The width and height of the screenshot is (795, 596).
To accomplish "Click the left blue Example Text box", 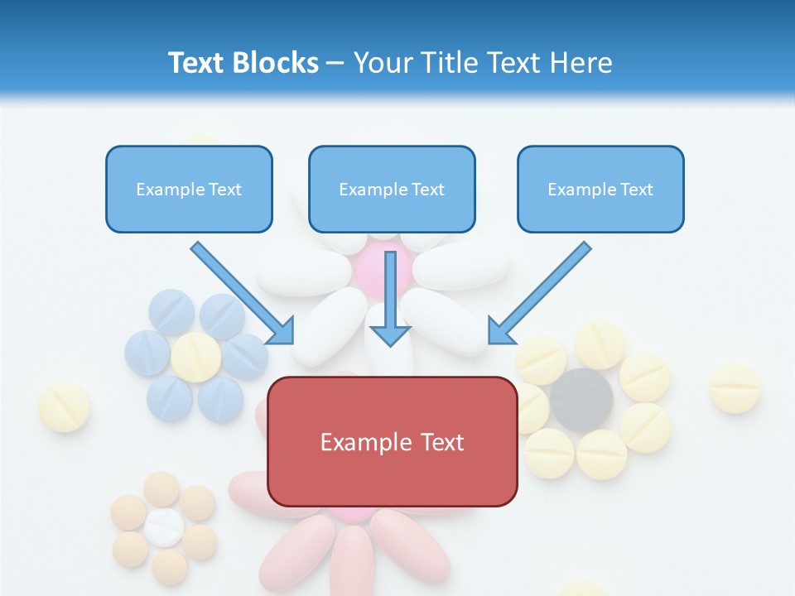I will [189, 189].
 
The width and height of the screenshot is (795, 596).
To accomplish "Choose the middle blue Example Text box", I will [392, 189].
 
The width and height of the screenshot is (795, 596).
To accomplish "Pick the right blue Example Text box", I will [600, 189].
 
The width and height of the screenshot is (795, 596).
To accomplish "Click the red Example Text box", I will [392, 441].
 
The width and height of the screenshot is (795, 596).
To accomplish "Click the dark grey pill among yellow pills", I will [581, 400].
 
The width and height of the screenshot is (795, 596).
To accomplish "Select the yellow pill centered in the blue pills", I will [196, 358].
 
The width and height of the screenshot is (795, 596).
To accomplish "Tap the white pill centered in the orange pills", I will [164, 527].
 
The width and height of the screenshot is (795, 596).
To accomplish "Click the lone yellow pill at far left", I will [65, 407].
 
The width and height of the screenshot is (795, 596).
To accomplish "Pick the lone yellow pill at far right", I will [735, 387].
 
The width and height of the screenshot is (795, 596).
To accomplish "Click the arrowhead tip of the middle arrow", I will [390, 344].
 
